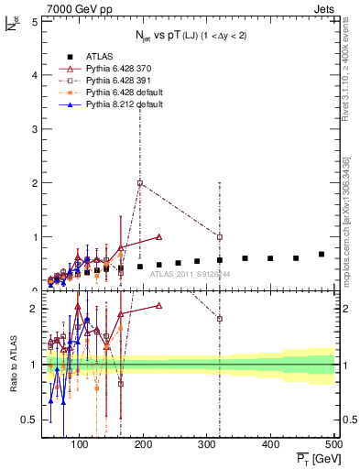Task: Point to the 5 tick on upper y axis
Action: pos(34,20)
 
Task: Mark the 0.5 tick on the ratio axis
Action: pos(30,420)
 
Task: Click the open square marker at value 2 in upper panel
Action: pos(140,182)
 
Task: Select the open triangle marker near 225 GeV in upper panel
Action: pos(159,236)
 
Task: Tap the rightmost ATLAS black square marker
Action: pos(322,254)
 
